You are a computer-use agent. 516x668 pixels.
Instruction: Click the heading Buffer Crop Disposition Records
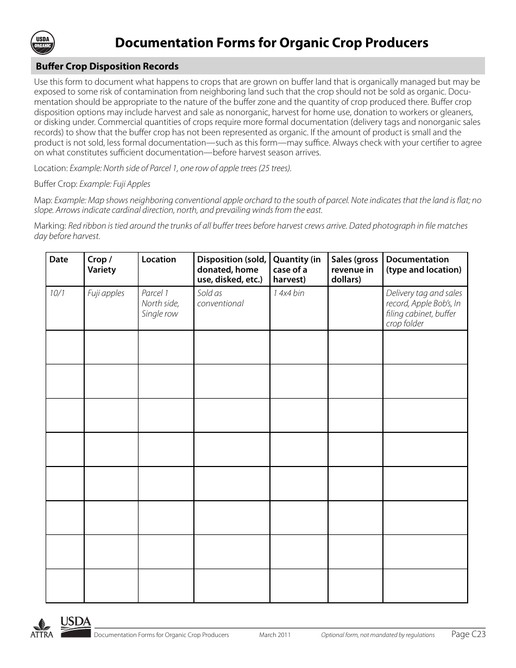[x=107, y=66]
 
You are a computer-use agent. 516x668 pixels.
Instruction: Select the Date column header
[x=59, y=260]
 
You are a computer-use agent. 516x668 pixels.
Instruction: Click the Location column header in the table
[x=159, y=260]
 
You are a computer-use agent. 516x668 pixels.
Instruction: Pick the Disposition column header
[x=231, y=269]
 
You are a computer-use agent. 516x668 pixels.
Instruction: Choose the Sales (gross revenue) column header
[x=354, y=269]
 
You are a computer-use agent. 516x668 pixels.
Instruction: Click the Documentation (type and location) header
[x=424, y=264]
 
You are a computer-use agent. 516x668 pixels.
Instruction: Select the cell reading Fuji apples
[x=106, y=293]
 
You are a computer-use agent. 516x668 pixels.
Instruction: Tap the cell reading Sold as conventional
[x=220, y=298]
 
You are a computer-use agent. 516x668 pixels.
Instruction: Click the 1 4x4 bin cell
[x=288, y=293]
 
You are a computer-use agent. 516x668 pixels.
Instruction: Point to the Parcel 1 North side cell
[x=160, y=303]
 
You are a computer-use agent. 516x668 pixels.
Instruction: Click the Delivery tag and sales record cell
[x=424, y=308]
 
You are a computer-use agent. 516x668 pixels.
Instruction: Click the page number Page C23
[x=468, y=634]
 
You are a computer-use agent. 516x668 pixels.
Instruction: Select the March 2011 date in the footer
[x=275, y=635]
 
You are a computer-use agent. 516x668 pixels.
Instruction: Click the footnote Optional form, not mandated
[x=377, y=635]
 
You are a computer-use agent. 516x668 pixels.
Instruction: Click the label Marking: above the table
[x=50, y=225]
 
